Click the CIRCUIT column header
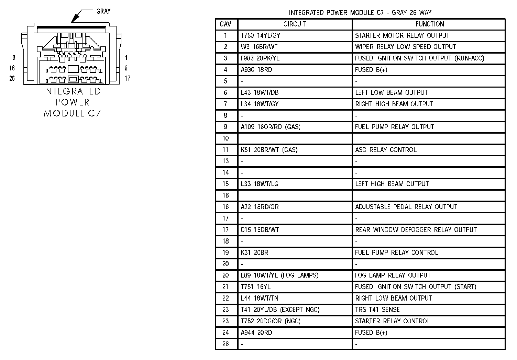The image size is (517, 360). pos(295,24)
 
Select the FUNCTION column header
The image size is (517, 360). pos(429,24)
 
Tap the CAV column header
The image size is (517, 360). pos(225,24)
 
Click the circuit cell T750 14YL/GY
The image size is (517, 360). pos(260,35)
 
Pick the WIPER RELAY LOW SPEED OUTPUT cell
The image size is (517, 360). pos(405,47)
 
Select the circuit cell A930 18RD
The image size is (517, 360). pos(256,70)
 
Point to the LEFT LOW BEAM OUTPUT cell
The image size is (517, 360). pos(391,92)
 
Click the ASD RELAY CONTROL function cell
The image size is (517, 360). pos(386,150)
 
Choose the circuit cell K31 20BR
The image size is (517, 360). pos(254,252)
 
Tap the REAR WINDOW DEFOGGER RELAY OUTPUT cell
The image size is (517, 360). pos(416,229)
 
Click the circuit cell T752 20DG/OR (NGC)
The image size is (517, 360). pos(270,321)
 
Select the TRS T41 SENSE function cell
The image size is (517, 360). pos(377,310)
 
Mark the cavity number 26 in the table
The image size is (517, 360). pos(225,344)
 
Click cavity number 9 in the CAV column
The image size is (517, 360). pos(225,127)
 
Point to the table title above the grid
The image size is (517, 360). pos(360,13)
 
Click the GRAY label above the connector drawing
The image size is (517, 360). pos(103,11)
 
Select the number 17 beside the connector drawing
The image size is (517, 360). pos(127,78)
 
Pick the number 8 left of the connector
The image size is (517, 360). pos(14,58)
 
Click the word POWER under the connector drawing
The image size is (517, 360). pos(72,102)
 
